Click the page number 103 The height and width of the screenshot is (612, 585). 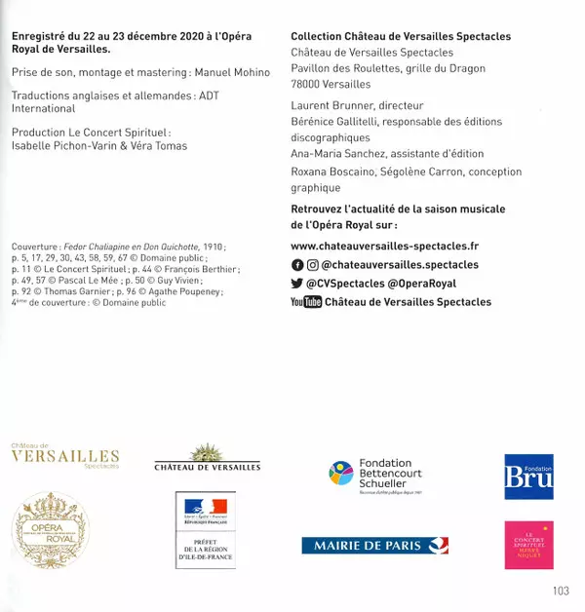(560, 591)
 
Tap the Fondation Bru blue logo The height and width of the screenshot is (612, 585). (528, 477)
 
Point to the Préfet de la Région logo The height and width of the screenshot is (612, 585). (205, 532)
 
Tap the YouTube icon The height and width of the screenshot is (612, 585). (305, 302)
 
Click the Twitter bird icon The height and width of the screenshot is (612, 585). (297, 284)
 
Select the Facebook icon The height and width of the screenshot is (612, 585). (297, 265)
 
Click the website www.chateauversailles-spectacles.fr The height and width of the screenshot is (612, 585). (385, 247)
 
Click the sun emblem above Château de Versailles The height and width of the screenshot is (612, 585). (207, 451)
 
